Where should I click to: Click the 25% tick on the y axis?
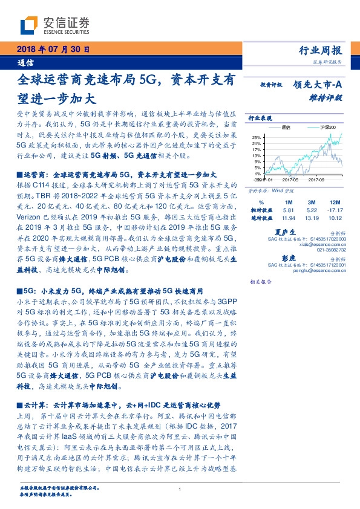point(257,137)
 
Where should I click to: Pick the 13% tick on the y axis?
point(257,155)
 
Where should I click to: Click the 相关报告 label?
point(260,282)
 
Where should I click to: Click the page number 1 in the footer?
point(180,490)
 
